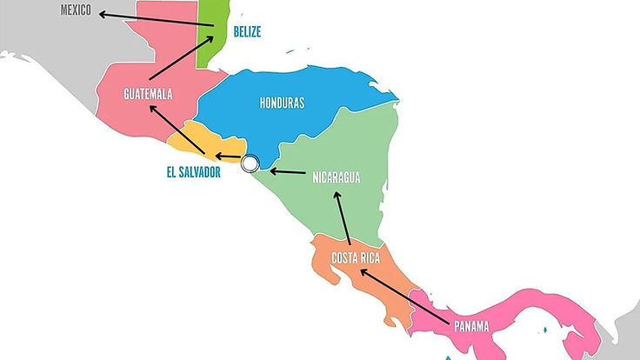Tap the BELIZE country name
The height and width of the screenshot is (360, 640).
(x=247, y=31)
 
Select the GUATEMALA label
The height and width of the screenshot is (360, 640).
(x=147, y=93)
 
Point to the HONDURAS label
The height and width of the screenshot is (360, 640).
(x=282, y=103)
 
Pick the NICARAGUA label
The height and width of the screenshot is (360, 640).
(x=336, y=178)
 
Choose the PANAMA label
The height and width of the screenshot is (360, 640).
(x=470, y=327)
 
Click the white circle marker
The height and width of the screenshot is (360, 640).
(x=251, y=163)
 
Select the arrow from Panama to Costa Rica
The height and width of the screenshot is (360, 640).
(x=405, y=296)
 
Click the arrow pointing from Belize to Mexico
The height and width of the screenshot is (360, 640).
(x=157, y=18)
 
